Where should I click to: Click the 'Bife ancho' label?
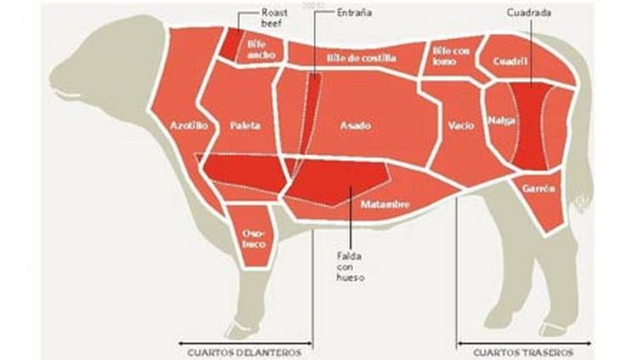click(256, 49)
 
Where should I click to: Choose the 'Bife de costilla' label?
click(360, 58)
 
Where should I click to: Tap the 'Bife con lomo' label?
click(451, 54)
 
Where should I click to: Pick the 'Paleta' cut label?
click(246, 125)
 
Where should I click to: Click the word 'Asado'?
click(356, 125)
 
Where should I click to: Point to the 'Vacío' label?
click(459, 125)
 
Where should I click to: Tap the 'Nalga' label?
click(498, 120)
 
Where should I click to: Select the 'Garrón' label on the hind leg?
click(540, 186)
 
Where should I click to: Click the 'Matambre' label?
click(385, 205)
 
